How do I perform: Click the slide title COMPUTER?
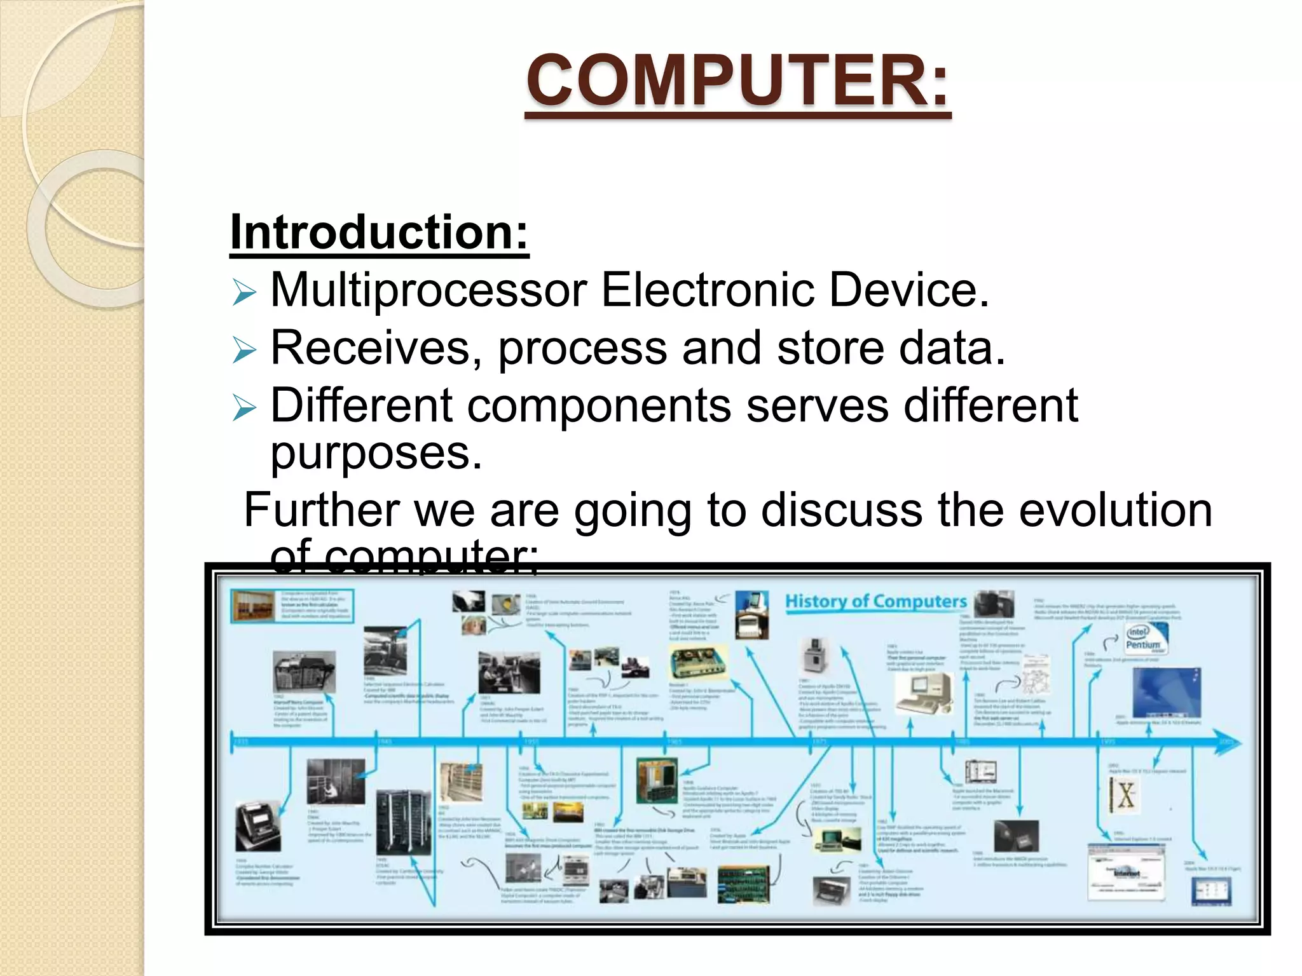737,81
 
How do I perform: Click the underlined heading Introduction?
379,233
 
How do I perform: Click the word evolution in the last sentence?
1115,510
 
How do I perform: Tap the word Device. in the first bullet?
908,290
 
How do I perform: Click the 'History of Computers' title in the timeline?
875,601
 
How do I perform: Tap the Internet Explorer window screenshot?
1126,872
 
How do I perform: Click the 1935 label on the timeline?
242,742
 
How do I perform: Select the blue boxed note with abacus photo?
292,606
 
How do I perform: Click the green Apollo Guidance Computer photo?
656,780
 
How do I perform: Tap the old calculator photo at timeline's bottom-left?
257,826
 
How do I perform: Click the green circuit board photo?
743,884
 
